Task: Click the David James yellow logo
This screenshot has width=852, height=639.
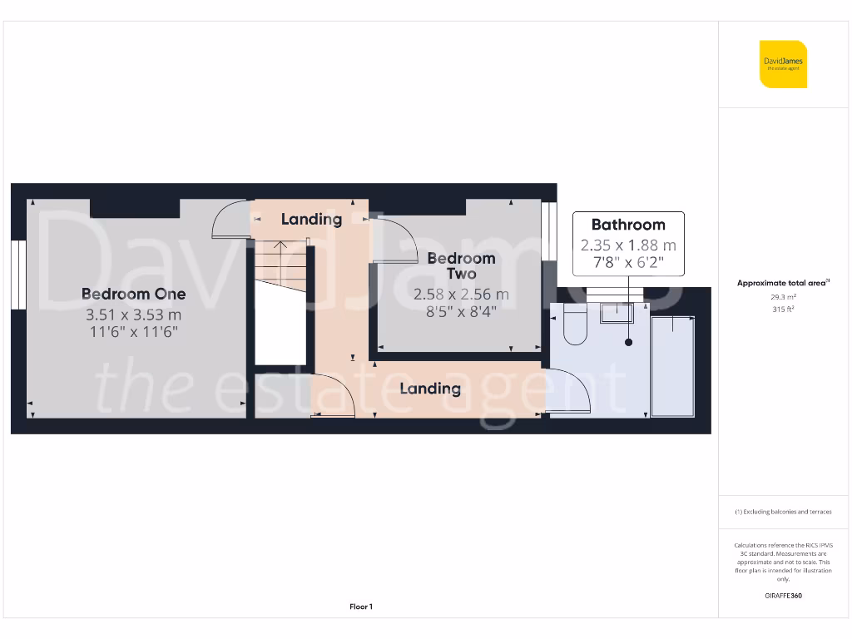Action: point(783,64)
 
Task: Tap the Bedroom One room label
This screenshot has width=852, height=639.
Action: point(133,294)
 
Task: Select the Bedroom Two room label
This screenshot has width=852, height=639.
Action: point(461,265)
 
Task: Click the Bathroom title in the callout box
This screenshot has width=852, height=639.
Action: point(628,225)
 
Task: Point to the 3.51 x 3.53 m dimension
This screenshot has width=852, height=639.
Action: point(133,315)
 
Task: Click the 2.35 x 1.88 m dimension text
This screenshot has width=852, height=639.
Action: point(628,245)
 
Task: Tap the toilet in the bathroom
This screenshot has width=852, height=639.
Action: point(575,325)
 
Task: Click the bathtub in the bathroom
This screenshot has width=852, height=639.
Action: point(673,366)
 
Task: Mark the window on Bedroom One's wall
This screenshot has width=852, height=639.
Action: point(18,275)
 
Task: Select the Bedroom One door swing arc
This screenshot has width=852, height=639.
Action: point(230,220)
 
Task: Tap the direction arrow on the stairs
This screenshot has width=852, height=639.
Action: point(280,247)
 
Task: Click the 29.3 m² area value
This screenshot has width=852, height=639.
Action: point(782,296)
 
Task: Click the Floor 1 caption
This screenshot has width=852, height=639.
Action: point(361,607)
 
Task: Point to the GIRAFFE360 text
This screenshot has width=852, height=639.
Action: point(782,596)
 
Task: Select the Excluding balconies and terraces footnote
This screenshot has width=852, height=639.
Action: point(782,512)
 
